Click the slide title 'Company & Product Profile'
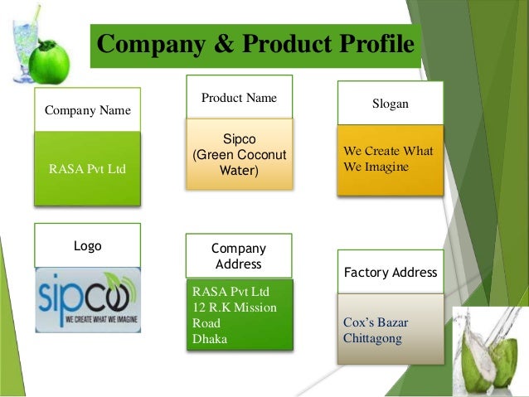(x=255, y=45)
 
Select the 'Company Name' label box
(x=87, y=110)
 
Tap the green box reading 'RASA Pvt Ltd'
(x=87, y=169)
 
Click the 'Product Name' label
(x=239, y=98)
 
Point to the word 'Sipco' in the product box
(x=239, y=139)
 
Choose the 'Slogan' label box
(x=390, y=104)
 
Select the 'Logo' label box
(x=87, y=246)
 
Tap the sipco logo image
(x=87, y=299)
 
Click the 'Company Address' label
(x=239, y=256)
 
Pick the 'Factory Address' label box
(x=390, y=272)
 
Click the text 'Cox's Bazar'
(x=376, y=322)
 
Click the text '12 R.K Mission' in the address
(x=235, y=307)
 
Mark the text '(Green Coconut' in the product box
(x=239, y=155)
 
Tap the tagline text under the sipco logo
(x=87, y=318)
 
